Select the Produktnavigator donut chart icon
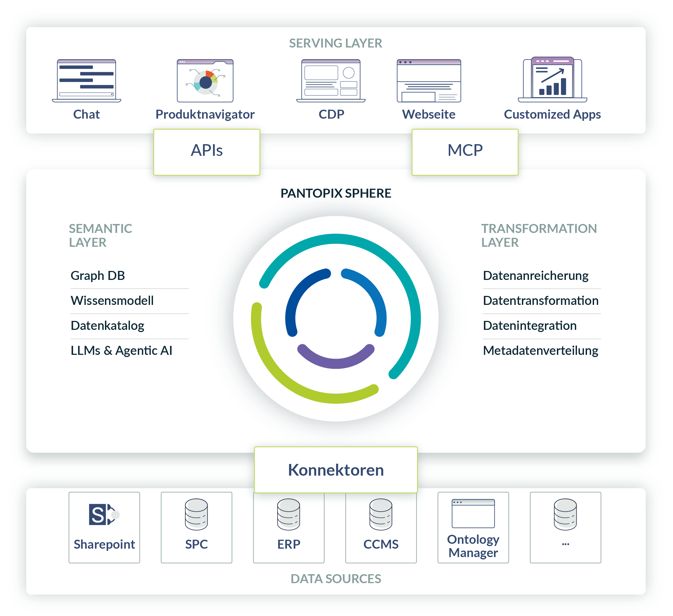point(205,81)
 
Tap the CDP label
point(331,115)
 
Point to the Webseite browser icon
point(429,81)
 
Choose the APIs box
point(207,152)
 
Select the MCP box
point(465,152)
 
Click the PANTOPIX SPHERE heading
point(336,193)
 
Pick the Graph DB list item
point(98,276)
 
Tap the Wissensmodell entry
point(112,301)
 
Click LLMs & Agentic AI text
point(122,351)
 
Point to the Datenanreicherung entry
point(535,276)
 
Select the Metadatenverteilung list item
point(540,351)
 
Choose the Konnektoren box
point(336,470)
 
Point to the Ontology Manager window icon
point(473,513)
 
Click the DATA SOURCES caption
point(336,579)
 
